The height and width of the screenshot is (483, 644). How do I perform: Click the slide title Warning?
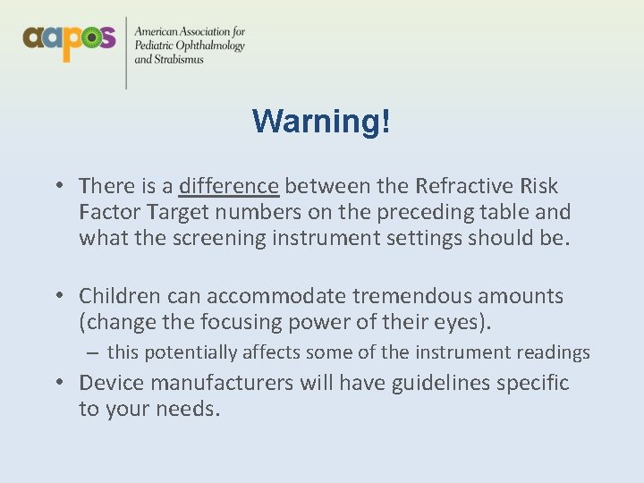[321, 121]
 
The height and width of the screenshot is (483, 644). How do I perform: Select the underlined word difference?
[229, 186]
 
